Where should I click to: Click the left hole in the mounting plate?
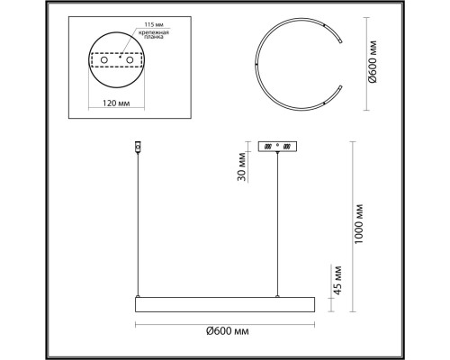click(104, 68)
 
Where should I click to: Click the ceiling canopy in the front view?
click(279, 146)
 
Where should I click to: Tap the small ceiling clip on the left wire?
click(137, 146)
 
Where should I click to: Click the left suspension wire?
click(137, 225)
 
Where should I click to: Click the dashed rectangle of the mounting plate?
click(117, 59)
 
